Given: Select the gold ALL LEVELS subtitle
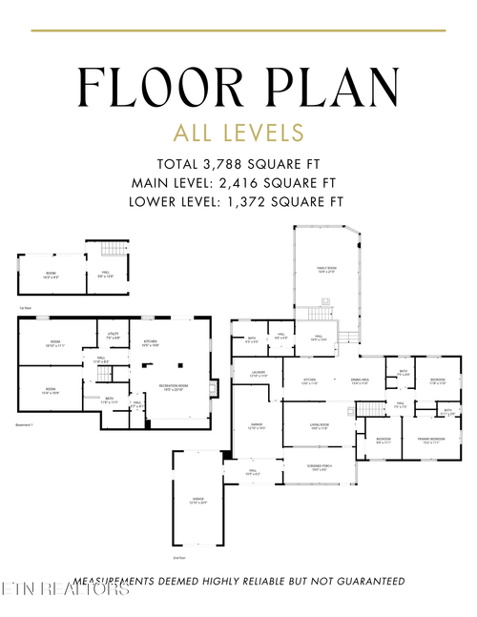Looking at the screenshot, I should (238, 132).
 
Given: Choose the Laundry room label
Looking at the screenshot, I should (258, 374).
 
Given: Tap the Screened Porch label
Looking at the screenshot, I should (319, 467).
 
